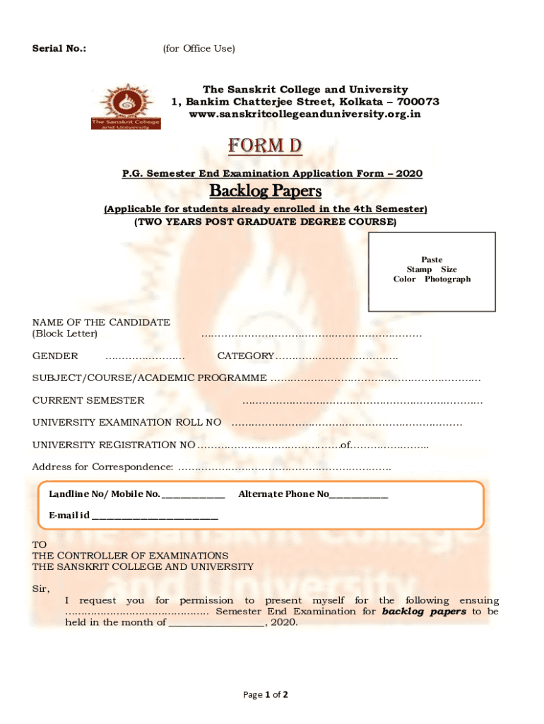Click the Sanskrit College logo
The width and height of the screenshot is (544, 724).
coord(125,107)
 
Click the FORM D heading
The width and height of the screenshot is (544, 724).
coord(265,146)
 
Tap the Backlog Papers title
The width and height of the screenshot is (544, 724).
coord(265,191)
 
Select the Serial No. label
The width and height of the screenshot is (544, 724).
coord(59,48)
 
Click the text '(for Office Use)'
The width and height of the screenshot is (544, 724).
coord(199,48)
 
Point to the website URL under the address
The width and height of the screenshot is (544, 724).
coord(305,114)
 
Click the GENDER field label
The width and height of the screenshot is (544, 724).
coord(55,356)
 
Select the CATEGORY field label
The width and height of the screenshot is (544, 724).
coord(245,356)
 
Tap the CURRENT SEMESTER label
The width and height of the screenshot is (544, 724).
coord(88,400)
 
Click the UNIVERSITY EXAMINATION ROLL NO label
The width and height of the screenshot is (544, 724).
coord(126,422)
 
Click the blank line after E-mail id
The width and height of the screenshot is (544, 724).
coord(155,515)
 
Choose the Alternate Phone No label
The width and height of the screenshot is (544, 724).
coord(283,494)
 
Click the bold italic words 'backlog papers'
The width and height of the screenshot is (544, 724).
coord(424,611)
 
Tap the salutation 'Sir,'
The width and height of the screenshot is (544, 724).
coord(41,588)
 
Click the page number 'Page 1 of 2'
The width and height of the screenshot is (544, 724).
coord(265,694)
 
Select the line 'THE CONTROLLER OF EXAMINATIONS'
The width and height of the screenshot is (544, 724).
coord(130,556)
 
